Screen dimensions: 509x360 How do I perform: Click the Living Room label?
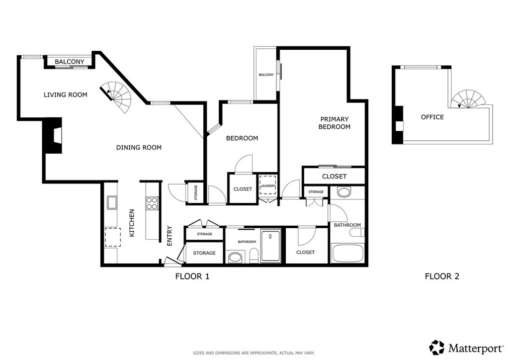(66, 95)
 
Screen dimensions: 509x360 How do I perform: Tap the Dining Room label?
(139, 147)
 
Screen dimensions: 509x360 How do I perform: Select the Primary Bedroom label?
(335, 123)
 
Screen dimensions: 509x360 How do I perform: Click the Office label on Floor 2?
(432, 117)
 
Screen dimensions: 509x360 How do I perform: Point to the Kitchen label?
(132, 223)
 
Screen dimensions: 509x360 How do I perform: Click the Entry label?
(170, 236)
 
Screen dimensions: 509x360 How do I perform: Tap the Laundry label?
(268, 186)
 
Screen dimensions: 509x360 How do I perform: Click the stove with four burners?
(152, 203)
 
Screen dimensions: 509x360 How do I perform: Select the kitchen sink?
(112, 202)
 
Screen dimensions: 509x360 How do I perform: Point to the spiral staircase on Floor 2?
(468, 99)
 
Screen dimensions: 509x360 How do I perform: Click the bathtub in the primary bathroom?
(347, 253)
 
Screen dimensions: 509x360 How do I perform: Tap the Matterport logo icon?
(437, 348)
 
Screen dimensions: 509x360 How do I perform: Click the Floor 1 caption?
(192, 276)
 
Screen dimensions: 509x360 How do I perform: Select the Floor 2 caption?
(442, 276)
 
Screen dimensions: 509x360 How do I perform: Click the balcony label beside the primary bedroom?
(266, 75)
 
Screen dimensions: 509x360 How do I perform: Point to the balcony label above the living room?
(70, 62)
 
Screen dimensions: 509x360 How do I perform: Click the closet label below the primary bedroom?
(335, 177)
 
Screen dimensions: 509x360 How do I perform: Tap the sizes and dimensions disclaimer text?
(254, 353)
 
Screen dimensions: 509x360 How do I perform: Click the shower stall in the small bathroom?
(270, 246)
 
